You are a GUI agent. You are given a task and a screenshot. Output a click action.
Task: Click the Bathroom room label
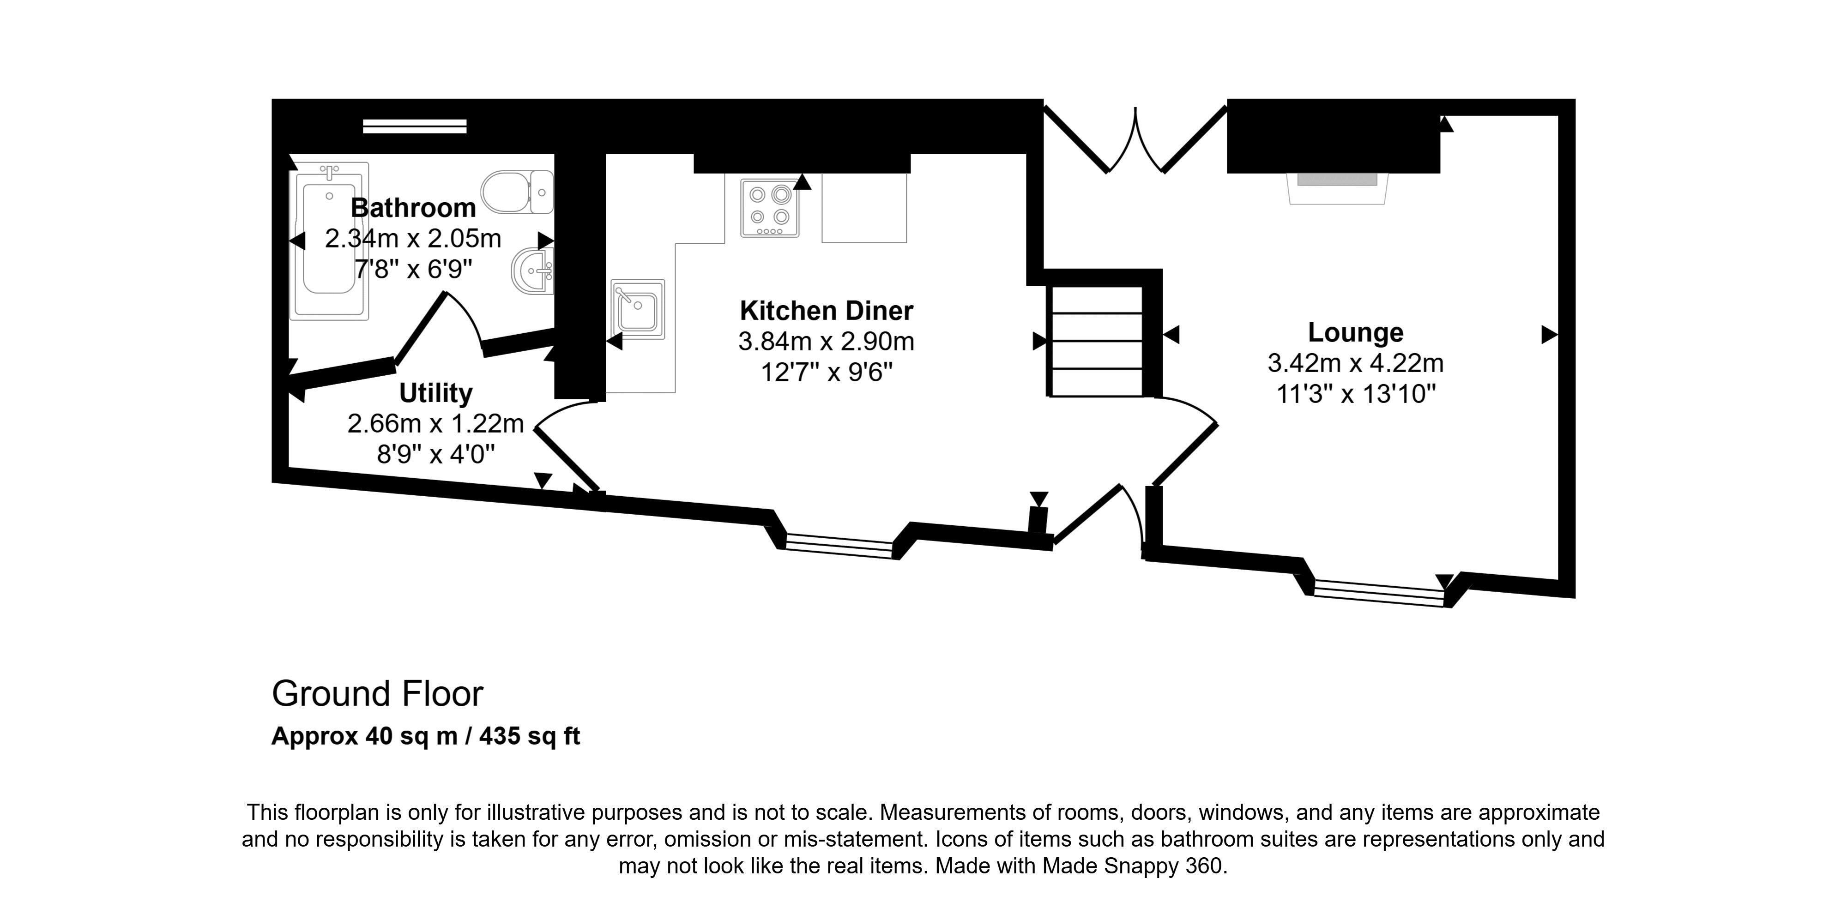pos(413,208)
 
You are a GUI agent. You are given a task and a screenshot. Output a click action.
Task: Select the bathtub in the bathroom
pos(329,241)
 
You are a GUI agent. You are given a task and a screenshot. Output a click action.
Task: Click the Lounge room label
pos(1355,333)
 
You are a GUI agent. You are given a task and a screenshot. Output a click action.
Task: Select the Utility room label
pos(436,393)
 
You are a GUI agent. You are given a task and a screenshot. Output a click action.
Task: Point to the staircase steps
pos(1096,341)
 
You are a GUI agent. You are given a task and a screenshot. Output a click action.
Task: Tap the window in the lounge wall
pos(1379,593)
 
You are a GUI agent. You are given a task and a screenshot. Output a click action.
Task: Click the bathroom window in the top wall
pos(415,126)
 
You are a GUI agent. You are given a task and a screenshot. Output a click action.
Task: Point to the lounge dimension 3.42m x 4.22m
pos(1355,363)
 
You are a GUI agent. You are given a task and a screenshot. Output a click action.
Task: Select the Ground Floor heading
pos(378,694)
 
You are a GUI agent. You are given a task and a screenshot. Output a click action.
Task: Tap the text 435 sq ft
pos(529,736)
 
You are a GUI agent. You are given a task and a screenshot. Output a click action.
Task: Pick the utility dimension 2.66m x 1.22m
pos(436,424)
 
